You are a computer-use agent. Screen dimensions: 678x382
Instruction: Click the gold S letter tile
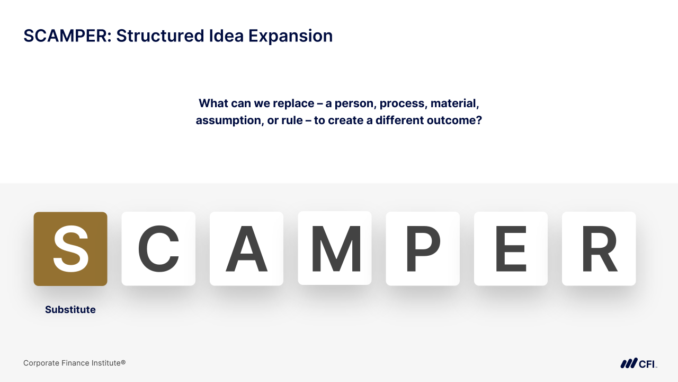coord(70,249)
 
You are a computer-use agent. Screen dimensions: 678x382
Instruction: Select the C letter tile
coord(158,249)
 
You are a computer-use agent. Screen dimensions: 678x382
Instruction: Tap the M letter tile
coord(334,248)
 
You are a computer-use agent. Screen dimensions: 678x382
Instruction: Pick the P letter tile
coord(423,249)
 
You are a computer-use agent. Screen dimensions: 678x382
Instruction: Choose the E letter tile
coord(511,249)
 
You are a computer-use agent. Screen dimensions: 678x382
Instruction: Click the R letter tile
coord(599,249)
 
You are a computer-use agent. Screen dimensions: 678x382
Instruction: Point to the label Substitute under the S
coord(70,309)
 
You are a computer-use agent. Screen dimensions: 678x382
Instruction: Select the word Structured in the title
coord(160,36)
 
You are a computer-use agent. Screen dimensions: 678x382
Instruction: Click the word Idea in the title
coord(226,36)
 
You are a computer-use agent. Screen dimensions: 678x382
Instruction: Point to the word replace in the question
coord(293,103)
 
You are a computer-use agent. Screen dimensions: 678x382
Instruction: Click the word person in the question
coord(355,104)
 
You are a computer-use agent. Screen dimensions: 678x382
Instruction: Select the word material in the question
coord(454,103)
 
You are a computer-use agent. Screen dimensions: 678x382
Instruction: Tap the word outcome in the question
coord(454,120)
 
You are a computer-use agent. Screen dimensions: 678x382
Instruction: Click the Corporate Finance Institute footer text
coord(75,363)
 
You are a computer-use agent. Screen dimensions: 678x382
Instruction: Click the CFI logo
coord(639,363)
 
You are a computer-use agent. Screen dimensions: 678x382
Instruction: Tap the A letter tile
coord(246,249)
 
